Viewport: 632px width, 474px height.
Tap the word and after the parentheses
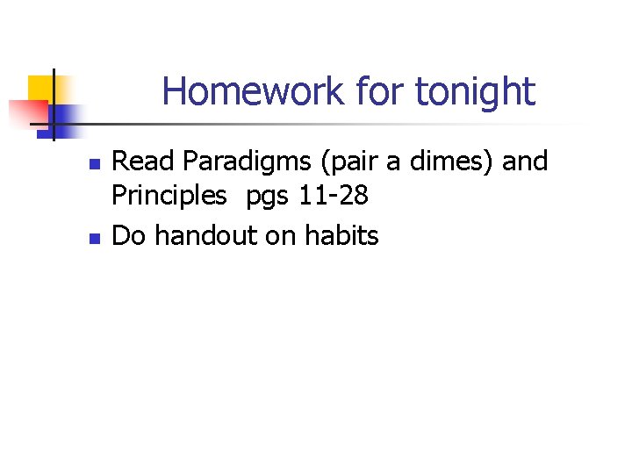click(525, 162)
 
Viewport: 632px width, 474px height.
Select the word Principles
click(169, 197)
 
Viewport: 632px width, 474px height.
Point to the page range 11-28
click(334, 196)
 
